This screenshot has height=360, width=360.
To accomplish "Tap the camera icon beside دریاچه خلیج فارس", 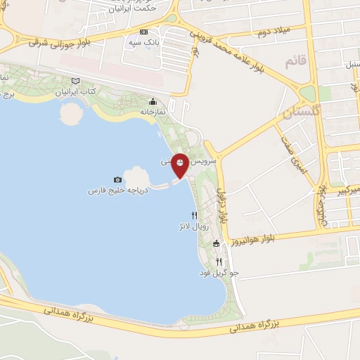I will (x=117, y=181).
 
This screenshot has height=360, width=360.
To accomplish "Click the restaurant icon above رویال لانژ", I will (x=194, y=216).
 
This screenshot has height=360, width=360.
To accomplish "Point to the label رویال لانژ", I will (x=191, y=227).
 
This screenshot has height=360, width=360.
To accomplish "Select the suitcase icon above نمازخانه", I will (x=153, y=101).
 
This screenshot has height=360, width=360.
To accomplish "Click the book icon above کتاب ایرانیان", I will (x=75, y=82).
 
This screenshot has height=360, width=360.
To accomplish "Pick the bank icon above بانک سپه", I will (x=144, y=32).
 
